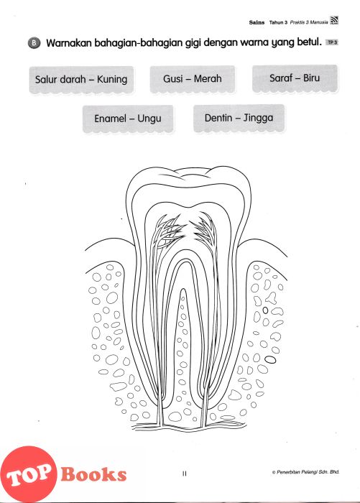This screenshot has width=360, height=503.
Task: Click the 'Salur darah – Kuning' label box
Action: tap(81, 80)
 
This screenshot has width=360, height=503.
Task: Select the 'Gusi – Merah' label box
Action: tap(193, 79)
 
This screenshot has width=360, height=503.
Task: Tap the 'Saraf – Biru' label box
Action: tap(295, 78)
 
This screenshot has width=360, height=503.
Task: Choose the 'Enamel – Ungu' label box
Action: tap(128, 119)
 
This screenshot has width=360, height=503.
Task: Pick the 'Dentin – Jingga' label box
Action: tap(239, 118)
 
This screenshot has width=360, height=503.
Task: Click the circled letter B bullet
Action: tap(34, 43)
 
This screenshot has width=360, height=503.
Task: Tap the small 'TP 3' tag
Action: tap(332, 42)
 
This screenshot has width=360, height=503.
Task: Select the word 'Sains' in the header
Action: tap(257, 22)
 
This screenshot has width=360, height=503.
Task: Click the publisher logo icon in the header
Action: tap(334, 21)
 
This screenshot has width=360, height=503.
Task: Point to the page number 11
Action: tap(184, 474)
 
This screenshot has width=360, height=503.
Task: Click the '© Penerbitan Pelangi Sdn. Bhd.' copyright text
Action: tap(305, 472)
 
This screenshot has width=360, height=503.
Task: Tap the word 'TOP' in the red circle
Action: tap(28, 475)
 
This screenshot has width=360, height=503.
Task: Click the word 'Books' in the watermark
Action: tap(93, 474)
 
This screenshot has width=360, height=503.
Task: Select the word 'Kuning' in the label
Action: tap(112, 80)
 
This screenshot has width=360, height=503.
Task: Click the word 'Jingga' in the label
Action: tap(258, 118)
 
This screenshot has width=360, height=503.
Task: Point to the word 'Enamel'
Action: tap(110, 119)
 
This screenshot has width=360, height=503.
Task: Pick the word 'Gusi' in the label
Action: tap(173, 78)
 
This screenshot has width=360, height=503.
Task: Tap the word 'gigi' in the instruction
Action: tap(193, 43)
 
